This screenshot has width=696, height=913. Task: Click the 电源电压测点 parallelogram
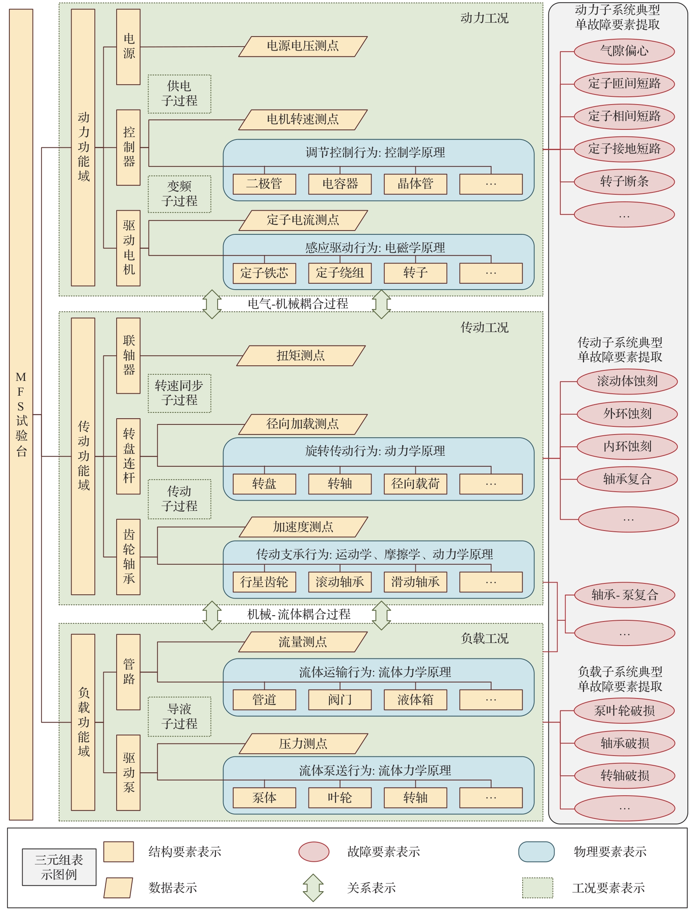pyautogui.click(x=303, y=46)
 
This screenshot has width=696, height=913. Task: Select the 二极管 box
pyautogui.click(x=264, y=184)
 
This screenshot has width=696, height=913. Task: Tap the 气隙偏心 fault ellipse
pyautogui.click(x=624, y=51)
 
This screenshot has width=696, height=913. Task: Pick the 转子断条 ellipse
pyautogui.click(x=624, y=182)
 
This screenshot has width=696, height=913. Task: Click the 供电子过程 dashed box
pyautogui.click(x=180, y=94)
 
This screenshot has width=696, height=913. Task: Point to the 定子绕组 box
pyautogui.click(x=340, y=273)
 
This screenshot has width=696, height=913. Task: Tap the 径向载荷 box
pyautogui.click(x=415, y=484)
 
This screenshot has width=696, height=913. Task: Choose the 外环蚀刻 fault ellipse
pyautogui.click(x=627, y=414)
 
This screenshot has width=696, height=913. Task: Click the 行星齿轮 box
pyautogui.click(x=264, y=582)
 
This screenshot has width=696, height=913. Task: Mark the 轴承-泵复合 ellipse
pyautogui.click(x=624, y=595)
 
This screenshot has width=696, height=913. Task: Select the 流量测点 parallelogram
pyautogui.click(x=303, y=642)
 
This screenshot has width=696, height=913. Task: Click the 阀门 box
pyautogui.click(x=340, y=700)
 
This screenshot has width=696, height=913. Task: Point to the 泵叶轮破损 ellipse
pyautogui.click(x=624, y=711)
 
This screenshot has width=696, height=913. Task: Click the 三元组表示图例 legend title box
pyautogui.click(x=59, y=867)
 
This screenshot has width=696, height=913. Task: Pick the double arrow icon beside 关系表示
pyautogui.click(x=313, y=887)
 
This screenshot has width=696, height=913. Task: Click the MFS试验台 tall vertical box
pyautogui.click(x=21, y=415)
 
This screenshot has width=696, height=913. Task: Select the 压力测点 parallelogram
pyautogui.click(x=303, y=744)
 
